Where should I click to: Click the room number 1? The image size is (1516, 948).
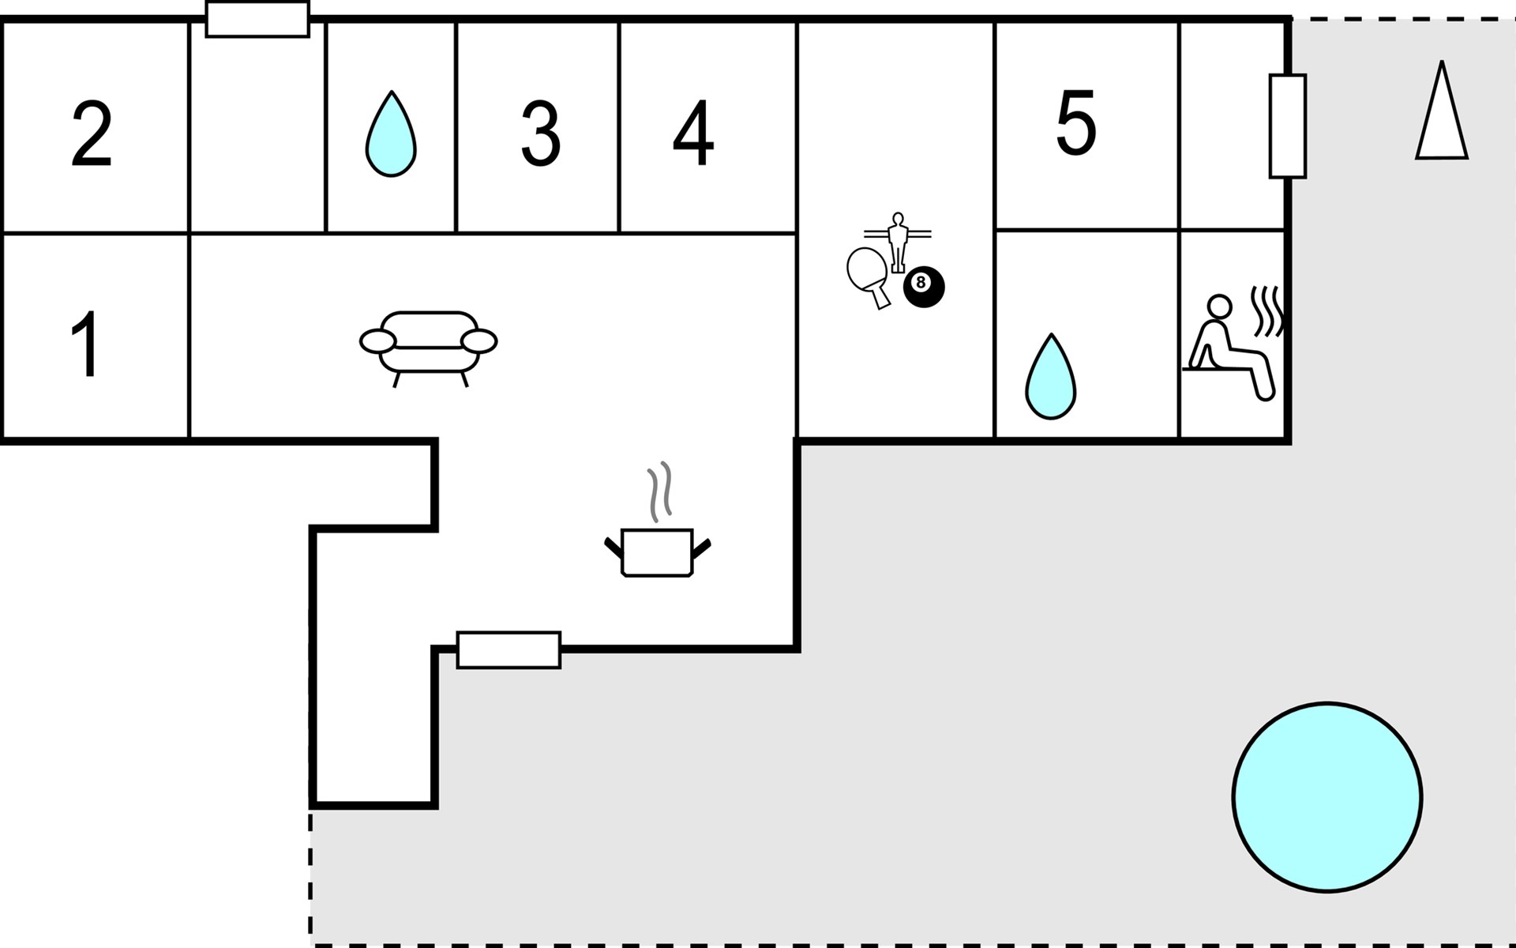(x=85, y=344)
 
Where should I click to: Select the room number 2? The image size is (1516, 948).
(x=91, y=134)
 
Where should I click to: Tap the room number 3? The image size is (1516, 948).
(x=541, y=134)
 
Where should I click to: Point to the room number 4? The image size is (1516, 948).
(x=693, y=134)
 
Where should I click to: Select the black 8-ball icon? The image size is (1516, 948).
(x=923, y=286)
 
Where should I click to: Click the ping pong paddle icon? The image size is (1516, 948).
(x=867, y=273)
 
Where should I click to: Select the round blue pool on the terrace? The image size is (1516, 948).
(x=1326, y=797)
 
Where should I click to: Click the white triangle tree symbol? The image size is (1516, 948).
(x=1441, y=115)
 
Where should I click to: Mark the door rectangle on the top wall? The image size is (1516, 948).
(x=257, y=20)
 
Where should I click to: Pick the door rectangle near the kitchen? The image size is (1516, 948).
(x=508, y=650)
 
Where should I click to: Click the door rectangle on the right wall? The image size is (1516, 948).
(x=1287, y=126)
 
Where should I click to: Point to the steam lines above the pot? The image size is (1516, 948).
(x=659, y=491)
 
